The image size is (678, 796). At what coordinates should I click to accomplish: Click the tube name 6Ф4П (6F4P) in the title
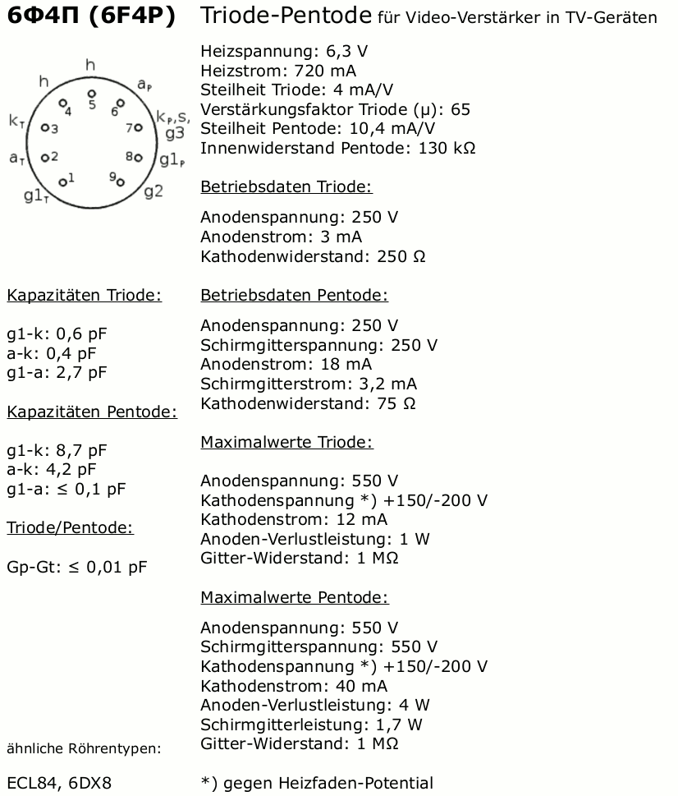point(91,16)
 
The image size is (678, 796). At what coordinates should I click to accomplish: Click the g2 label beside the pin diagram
point(153,191)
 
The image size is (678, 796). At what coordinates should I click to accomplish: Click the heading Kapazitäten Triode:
point(84,296)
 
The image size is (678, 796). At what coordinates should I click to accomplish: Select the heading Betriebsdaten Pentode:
point(294,295)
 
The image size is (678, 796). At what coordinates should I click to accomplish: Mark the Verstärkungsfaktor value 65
point(460,109)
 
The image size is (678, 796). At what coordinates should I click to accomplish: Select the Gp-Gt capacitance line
point(76,567)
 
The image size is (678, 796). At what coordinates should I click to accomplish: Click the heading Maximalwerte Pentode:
point(294,597)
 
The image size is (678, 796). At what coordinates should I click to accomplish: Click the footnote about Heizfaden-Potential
point(317,783)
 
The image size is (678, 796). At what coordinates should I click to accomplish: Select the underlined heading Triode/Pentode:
point(70,528)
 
